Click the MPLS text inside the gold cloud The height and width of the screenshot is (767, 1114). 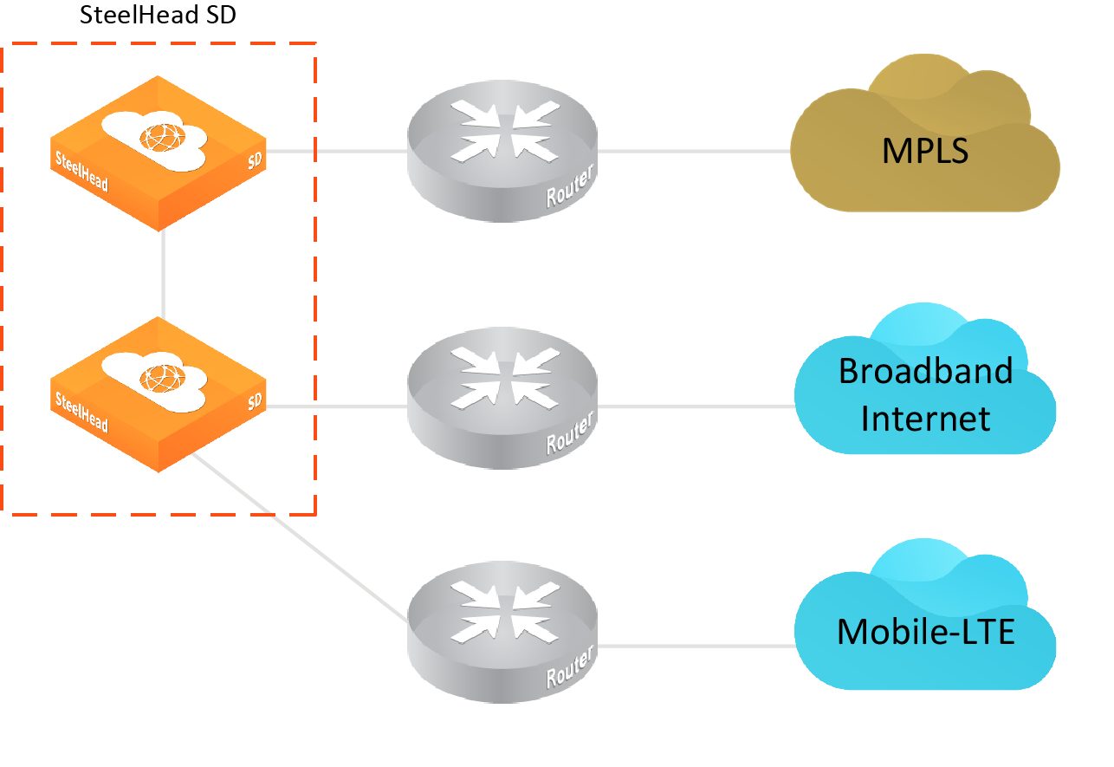924,151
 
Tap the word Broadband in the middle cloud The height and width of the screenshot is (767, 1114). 925,372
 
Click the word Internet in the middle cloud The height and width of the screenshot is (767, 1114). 925,419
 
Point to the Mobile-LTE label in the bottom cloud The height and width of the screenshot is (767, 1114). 925,632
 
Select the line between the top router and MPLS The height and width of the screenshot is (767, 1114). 693,151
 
